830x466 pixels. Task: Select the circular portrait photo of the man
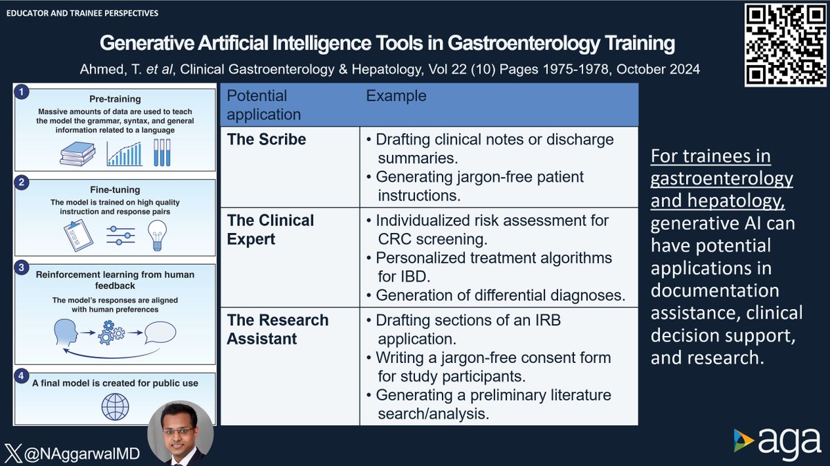pos(181,433)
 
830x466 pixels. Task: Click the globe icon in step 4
pos(115,407)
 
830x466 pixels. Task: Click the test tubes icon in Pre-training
pos(161,151)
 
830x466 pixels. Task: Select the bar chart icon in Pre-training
pos(124,153)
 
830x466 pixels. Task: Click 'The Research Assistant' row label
pos(277,329)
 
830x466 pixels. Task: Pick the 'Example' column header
pos(396,95)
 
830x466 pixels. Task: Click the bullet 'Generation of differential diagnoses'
pos(500,295)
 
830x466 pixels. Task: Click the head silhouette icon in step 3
pos(66,332)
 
